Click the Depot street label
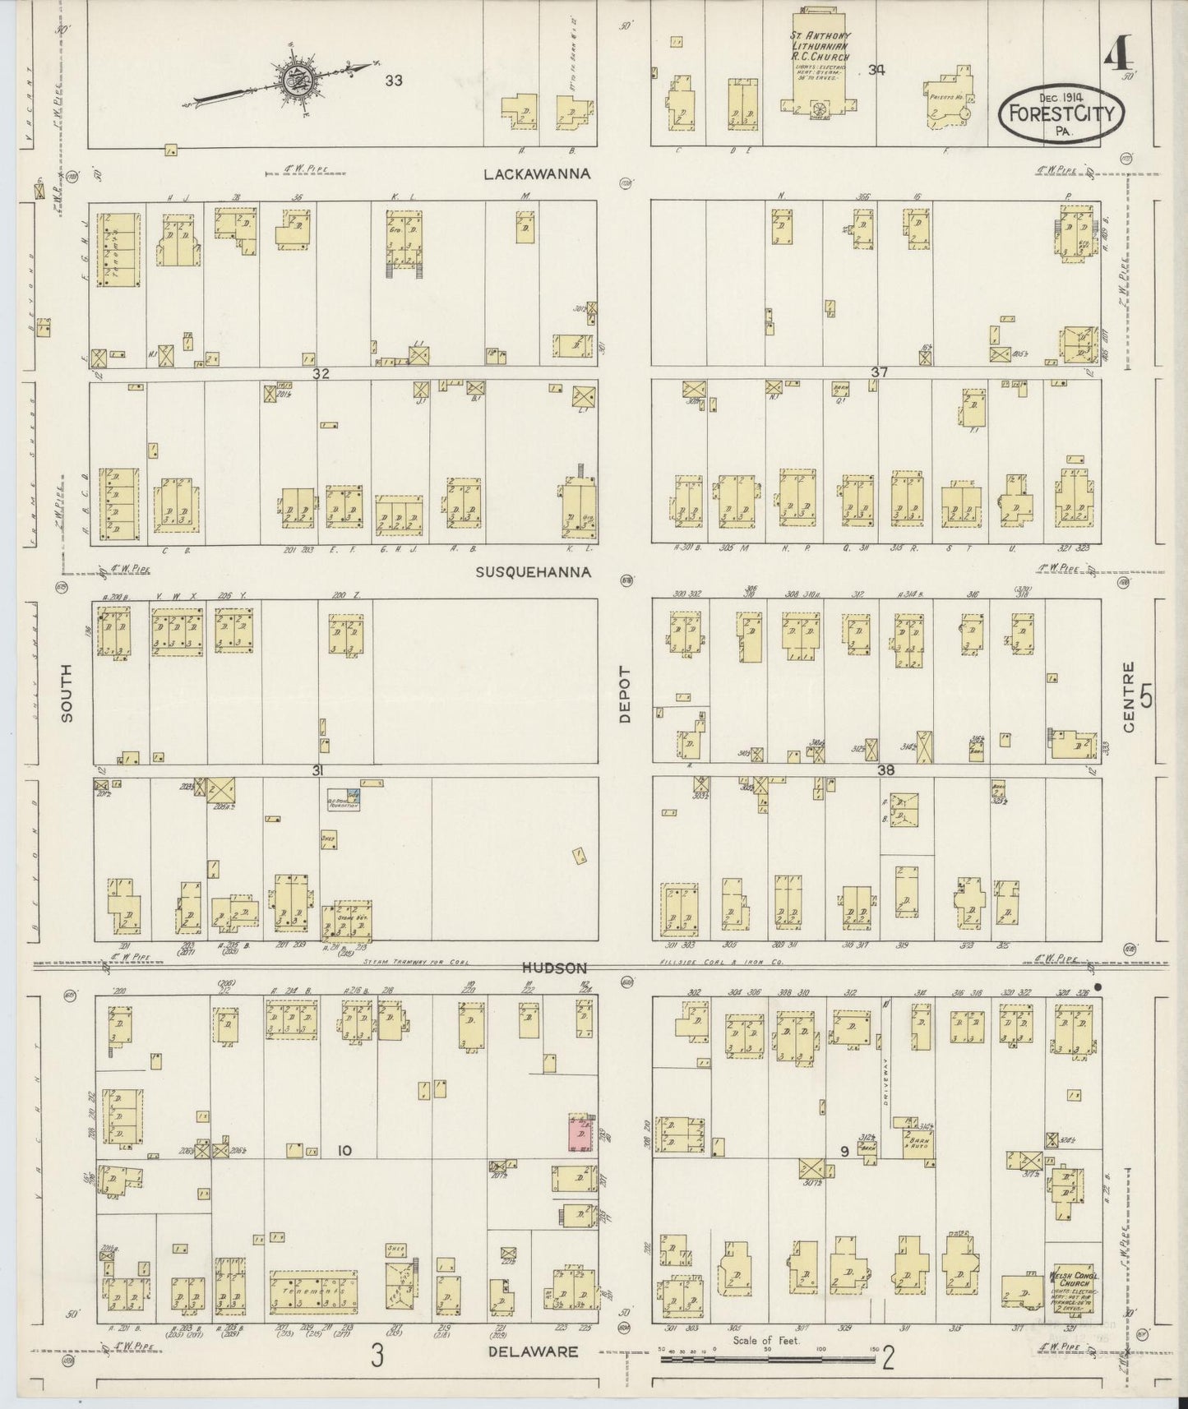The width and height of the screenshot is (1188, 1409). pos(625,694)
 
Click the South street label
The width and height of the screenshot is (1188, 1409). pos(67,694)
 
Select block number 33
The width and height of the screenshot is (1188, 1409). pos(395,81)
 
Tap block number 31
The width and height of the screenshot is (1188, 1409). pos(317,770)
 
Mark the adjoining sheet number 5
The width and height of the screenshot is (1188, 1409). pos(1147,696)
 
